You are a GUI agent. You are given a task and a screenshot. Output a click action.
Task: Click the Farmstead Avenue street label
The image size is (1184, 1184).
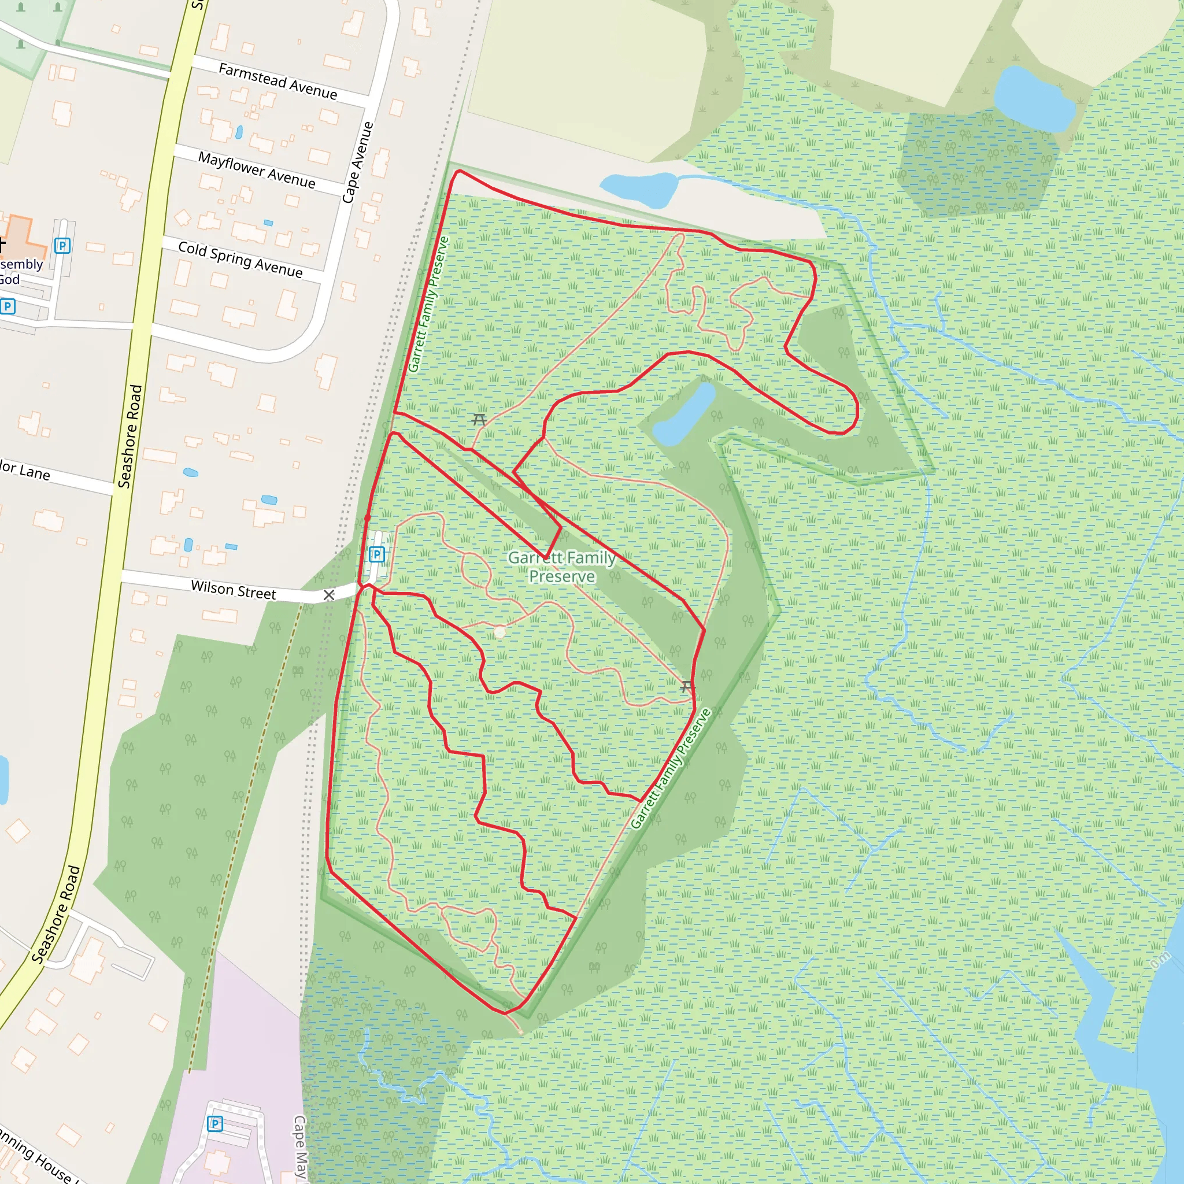277,81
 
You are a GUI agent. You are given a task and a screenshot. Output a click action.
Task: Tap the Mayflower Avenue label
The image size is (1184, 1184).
257,170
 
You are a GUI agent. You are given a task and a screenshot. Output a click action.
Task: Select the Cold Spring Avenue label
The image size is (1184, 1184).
240,258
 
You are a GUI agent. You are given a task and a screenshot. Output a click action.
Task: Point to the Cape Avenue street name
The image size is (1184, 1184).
358,162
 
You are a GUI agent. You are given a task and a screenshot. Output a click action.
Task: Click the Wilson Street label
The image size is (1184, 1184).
233,590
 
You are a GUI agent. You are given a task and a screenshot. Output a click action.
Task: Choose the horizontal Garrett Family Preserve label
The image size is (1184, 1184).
562,567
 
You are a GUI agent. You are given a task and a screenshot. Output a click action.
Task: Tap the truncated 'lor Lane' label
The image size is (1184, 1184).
24,470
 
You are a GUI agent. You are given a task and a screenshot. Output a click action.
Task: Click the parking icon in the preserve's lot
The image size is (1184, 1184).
377,554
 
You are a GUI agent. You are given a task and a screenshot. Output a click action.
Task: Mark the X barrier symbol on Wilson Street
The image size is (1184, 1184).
329,595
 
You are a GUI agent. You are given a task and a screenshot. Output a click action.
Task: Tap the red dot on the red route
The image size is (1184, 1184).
368,519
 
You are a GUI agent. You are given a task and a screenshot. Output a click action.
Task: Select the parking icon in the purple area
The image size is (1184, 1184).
214,1123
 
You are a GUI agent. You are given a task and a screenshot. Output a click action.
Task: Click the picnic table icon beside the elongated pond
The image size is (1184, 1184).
479,420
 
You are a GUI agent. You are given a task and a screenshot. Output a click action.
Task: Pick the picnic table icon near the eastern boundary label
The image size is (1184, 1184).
687,686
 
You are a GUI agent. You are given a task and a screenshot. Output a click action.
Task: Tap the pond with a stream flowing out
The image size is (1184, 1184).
637,188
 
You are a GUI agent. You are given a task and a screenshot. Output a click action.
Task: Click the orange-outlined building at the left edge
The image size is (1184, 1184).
24,236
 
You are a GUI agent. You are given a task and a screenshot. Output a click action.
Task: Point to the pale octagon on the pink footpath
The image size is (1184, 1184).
500,632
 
